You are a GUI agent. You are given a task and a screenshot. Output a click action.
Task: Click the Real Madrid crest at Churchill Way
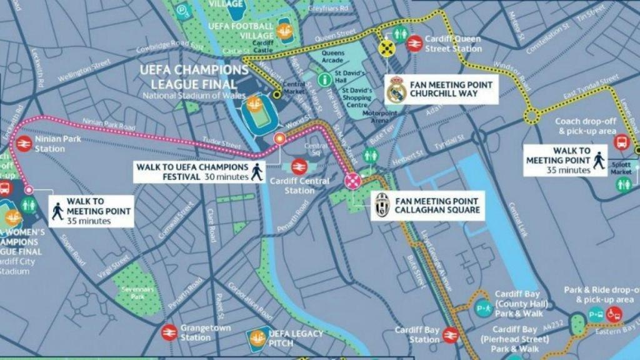coord(396,89)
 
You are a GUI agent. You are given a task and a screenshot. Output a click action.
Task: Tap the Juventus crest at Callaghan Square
coord(382,204)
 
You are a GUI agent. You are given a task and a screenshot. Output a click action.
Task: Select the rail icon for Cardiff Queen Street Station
coord(413,43)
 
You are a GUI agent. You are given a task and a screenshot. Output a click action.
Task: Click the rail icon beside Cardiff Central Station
coord(298,167)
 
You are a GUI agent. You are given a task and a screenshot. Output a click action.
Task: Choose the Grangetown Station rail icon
coord(168,332)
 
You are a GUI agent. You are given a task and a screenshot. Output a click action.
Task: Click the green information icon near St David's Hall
coord(324,79)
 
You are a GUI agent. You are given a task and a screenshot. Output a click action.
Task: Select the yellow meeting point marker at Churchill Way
coord(387,48)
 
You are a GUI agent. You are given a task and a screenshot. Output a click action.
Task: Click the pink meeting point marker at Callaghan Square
coord(352,181)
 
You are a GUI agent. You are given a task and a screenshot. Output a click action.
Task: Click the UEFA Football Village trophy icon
coord(284,30)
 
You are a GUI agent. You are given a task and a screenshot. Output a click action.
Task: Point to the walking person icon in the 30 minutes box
coord(257,171)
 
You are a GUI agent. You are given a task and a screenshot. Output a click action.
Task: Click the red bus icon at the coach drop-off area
coord(622,142)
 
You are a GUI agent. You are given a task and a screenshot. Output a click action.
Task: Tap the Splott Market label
coord(621,168)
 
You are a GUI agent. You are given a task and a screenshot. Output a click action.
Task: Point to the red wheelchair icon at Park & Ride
coord(614,314)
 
